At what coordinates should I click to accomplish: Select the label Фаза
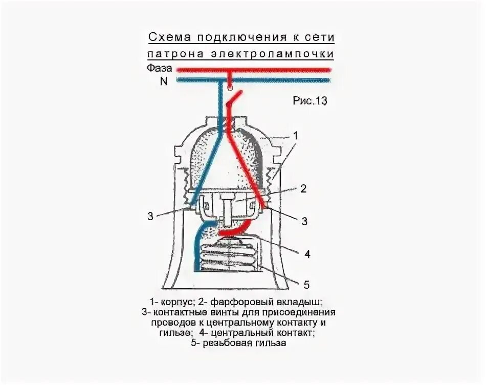tap(157, 68)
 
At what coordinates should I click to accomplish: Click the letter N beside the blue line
tap(164, 80)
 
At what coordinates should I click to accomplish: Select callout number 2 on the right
tap(303, 189)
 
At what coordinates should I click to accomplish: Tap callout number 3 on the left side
tap(150, 216)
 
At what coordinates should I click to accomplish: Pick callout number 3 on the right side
tap(304, 221)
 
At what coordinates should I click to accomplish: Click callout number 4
tap(306, 254)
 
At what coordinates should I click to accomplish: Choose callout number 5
tap(306, 285)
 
